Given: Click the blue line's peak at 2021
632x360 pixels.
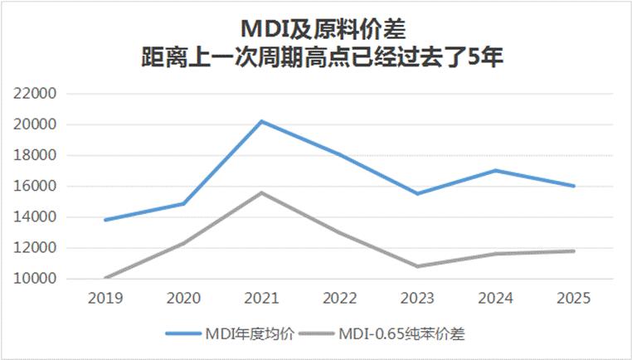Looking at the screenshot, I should click(262, 121).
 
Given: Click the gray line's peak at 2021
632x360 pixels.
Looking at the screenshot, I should click(262, 192).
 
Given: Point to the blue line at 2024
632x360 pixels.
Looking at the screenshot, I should click(496, 170).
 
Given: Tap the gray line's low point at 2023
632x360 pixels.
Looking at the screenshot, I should click(418, 266).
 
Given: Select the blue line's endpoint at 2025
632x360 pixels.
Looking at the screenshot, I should click(574, 186).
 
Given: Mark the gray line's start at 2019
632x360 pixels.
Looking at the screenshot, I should click(105, 278).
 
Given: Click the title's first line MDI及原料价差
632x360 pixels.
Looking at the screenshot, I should click(316, 30).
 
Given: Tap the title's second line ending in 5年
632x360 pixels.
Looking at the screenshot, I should click(316, 61).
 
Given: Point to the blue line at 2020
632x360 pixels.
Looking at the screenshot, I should click(183, 203).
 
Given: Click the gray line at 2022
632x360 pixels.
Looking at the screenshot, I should click(340, 233).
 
